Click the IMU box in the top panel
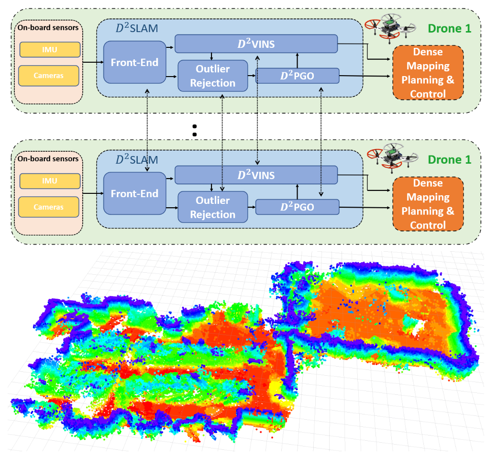coord(49,49)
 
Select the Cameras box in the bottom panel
coord(49,207)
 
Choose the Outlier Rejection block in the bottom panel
coord(213,207)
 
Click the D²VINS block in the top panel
coord(256,45)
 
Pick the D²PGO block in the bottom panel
coord(297,207)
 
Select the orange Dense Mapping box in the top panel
coord(427,72)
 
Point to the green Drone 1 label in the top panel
coord(449,28)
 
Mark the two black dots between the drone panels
coord(195,130)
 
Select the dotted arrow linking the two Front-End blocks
coord(148,129)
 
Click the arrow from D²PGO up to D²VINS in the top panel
coord(297,60)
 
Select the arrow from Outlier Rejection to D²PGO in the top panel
coord(252,76)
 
